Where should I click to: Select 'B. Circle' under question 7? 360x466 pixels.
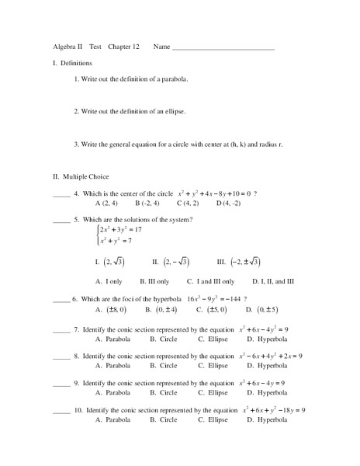pos(163,339)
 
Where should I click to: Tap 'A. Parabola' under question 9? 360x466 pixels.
pos(112,392)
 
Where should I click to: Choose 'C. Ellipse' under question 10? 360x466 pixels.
pos(212,419)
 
